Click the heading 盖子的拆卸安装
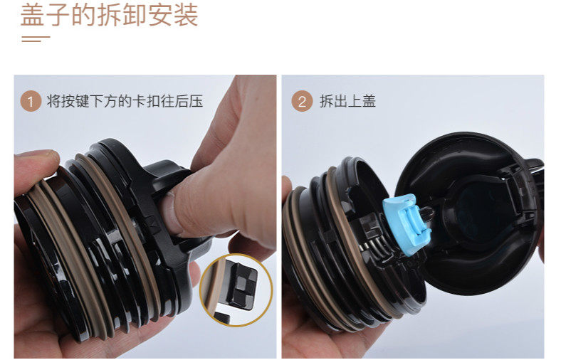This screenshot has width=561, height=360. pos(109,15)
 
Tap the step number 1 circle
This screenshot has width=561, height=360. pos(31,102)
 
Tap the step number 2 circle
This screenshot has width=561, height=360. pos(302,102)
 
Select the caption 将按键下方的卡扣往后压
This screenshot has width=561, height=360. pos(125,102)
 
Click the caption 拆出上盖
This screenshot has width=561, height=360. pos(347,102)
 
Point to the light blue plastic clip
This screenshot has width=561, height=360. pos(407,224)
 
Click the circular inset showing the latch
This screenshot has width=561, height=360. pos(236,290)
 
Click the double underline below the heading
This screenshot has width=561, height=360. pos(36,38)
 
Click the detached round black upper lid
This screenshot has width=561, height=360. pos(469,213)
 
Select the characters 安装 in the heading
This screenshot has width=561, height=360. pos(173,15)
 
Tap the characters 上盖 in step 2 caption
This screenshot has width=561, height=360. pos(362,102)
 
